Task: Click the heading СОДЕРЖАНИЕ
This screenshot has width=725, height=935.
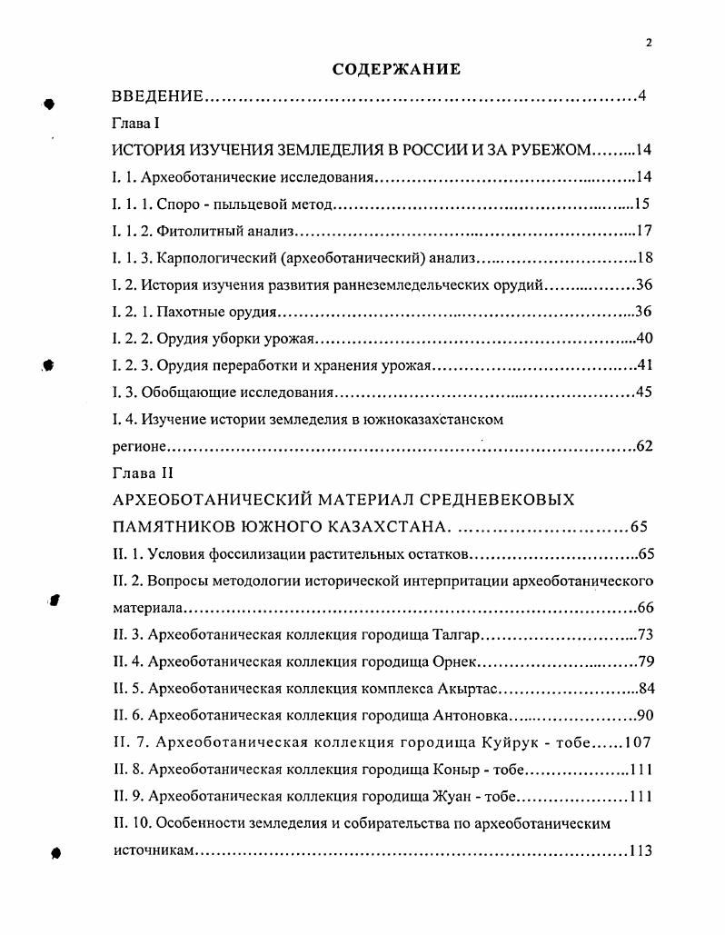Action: tap(397, 69)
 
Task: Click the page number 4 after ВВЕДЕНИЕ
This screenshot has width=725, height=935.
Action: tap(642, 96)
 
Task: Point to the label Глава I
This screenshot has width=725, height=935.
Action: tap(136, 124)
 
